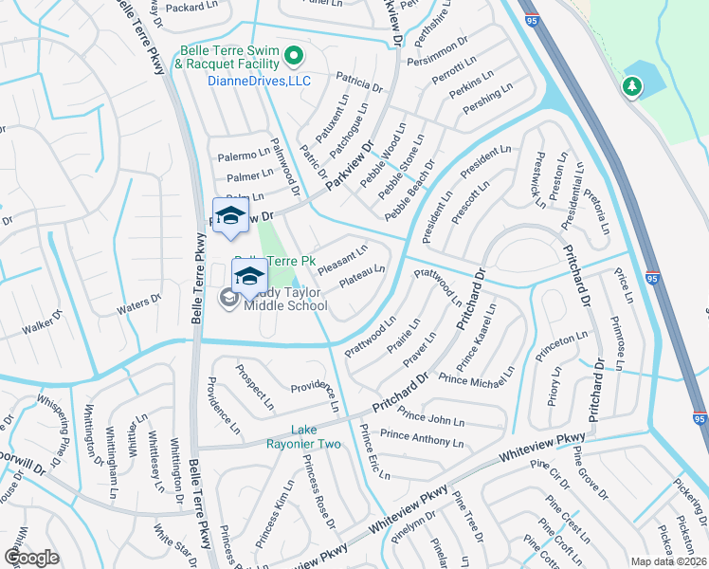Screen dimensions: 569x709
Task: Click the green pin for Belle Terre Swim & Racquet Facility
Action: point(293,58)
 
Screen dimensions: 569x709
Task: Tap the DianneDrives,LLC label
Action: point(245,82)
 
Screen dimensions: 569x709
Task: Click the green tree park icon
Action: point(631,88)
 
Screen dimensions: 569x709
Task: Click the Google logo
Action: point(32,557)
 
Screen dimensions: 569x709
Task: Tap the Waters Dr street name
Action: point(139,303)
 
